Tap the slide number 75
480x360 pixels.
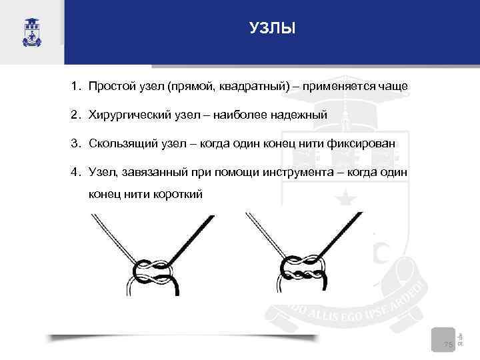click(449, 344)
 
